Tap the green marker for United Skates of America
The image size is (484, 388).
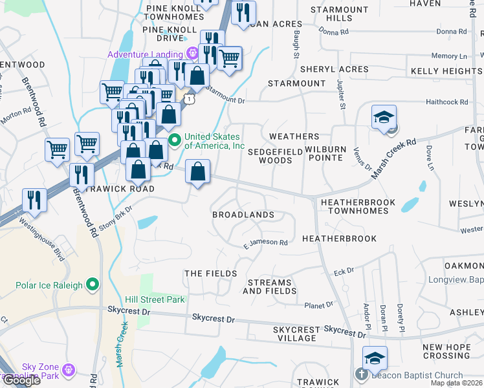point(174,140)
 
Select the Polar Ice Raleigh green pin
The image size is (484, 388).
point(93,285)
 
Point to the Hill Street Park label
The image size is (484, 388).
point(155,299)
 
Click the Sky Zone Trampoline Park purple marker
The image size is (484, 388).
point(69,370)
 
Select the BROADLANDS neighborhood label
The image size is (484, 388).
point(243,215)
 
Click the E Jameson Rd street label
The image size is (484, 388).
point(265,243)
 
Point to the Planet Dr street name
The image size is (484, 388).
point(318,304)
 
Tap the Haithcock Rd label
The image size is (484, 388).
point(446,102)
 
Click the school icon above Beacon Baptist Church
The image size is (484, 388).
point(375,358)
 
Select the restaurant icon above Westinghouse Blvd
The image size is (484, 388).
point(34,199)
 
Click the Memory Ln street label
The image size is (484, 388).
point(453,56)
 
